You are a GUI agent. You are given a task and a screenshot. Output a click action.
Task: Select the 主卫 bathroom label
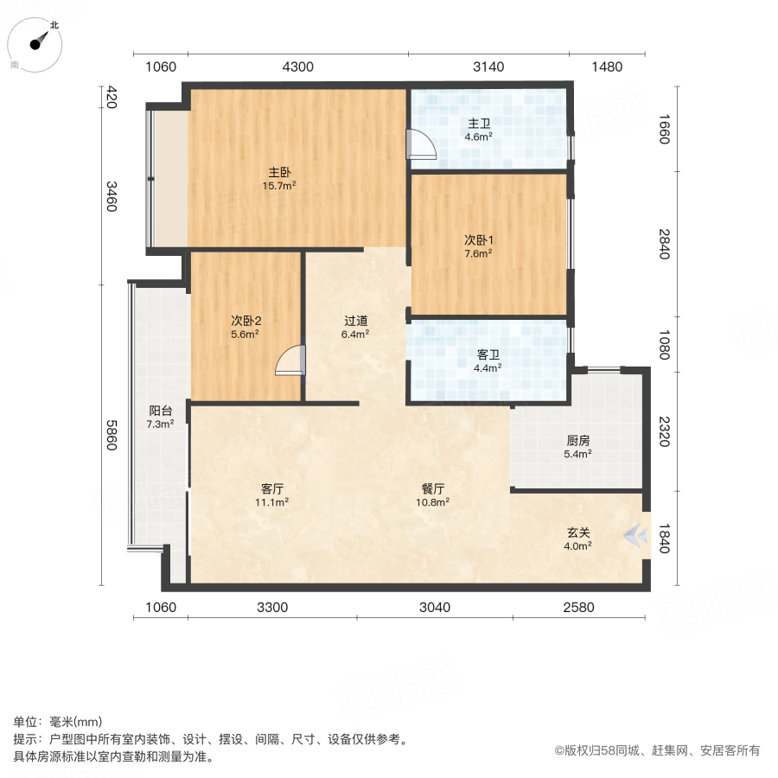[x=478, y=123]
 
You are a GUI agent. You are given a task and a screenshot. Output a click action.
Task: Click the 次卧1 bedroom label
[x=478, y=239]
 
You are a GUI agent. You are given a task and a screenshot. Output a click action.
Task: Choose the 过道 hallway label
[x=355, y=320]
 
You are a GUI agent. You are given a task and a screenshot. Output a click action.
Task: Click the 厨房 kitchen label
[x=578, y=440]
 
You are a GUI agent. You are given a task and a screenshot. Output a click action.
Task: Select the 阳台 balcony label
[x=160, y=411]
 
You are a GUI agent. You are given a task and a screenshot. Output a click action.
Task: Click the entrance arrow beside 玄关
[x=638, y=537]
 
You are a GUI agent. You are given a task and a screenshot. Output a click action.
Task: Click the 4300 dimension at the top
[x=297, y=67]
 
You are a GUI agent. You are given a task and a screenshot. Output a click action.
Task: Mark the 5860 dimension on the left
[x=111, y=439]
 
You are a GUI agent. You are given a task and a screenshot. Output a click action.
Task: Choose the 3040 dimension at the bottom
[x=435, y=607]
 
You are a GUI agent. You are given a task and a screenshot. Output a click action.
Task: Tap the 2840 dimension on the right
[x=664, y=245]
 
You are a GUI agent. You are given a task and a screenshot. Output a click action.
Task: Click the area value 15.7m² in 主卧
[x=279, y=185]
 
